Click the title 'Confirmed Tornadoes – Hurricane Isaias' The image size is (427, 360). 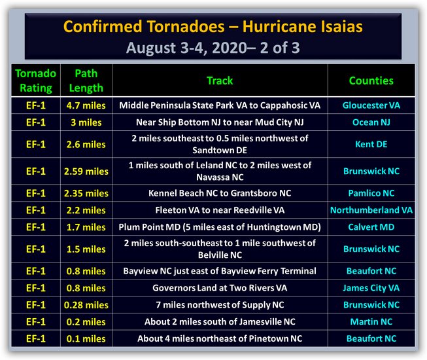(213, 27)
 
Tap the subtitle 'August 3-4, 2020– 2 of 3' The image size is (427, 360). (213, 48)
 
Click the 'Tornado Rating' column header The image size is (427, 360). (36, 81)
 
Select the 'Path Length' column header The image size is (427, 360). (86, 81)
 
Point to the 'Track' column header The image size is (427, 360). (220, 81)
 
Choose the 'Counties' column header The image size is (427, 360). (371, 81)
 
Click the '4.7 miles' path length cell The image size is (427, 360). (86, 105)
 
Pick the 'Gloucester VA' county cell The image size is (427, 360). (371, 105)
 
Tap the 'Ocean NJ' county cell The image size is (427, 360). (371, 122)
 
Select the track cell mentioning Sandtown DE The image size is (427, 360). (220, 144)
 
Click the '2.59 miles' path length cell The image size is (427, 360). (86, 171)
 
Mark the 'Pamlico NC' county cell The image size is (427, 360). (371, 193)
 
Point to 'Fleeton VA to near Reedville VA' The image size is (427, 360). (220, 210)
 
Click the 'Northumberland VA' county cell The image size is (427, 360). (371, 210)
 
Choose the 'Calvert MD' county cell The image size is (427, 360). (371, 227)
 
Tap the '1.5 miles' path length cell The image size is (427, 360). (86, 249)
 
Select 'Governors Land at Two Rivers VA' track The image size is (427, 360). (220, 288)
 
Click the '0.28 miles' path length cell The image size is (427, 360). (86, 305)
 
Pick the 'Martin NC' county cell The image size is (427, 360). (371, 322)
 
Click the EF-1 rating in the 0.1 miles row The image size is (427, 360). (36, 339)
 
